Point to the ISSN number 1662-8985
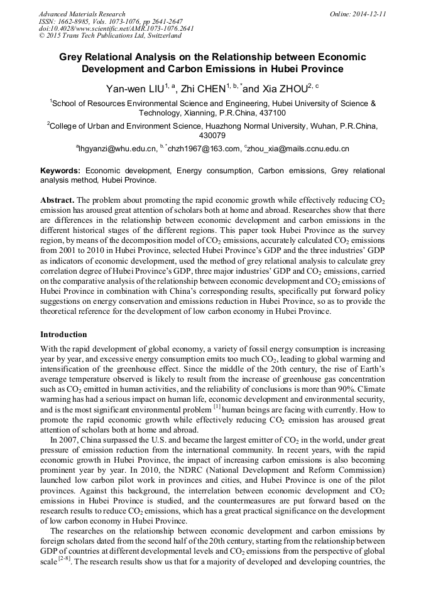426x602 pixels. pos(73,21)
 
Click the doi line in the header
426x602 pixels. pos(116,28)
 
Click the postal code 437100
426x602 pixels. pos(272,113)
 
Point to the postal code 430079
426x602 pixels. pos(212,135)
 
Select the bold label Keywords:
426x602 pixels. pos(60,170)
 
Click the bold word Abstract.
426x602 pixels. pos(57,199)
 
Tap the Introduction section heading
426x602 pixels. pos(63,335)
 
